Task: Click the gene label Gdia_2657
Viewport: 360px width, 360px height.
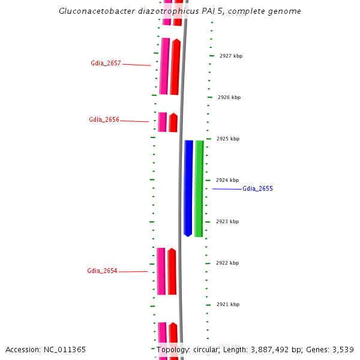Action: pos(106,63)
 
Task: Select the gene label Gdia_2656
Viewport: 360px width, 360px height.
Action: pos(104,119)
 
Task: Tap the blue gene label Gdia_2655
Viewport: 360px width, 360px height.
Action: pos(257,188)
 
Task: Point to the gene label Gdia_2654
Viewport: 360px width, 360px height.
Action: pos(102,271)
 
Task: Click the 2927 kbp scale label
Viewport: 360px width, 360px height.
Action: pos(230,56)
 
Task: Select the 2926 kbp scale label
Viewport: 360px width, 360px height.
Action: pos(229,97)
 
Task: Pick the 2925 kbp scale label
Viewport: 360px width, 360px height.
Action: pos(227,139)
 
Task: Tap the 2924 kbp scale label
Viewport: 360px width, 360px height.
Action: pos(227,180)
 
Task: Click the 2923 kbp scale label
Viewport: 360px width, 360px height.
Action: pos(227,221)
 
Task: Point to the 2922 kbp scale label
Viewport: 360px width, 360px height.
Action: pos(227,263)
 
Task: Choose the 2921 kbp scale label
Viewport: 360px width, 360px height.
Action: pos(227,304)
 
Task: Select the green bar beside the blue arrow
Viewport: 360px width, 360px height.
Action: pos(199,188)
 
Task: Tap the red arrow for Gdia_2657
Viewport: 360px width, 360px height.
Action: pos(175,67)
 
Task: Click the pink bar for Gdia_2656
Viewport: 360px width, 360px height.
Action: pos(163,122)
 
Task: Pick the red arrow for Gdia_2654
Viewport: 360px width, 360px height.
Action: pos(172,271)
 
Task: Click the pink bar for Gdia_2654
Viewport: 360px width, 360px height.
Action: pos(161,271)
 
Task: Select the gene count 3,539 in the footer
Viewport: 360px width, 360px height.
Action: pos(343,350)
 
